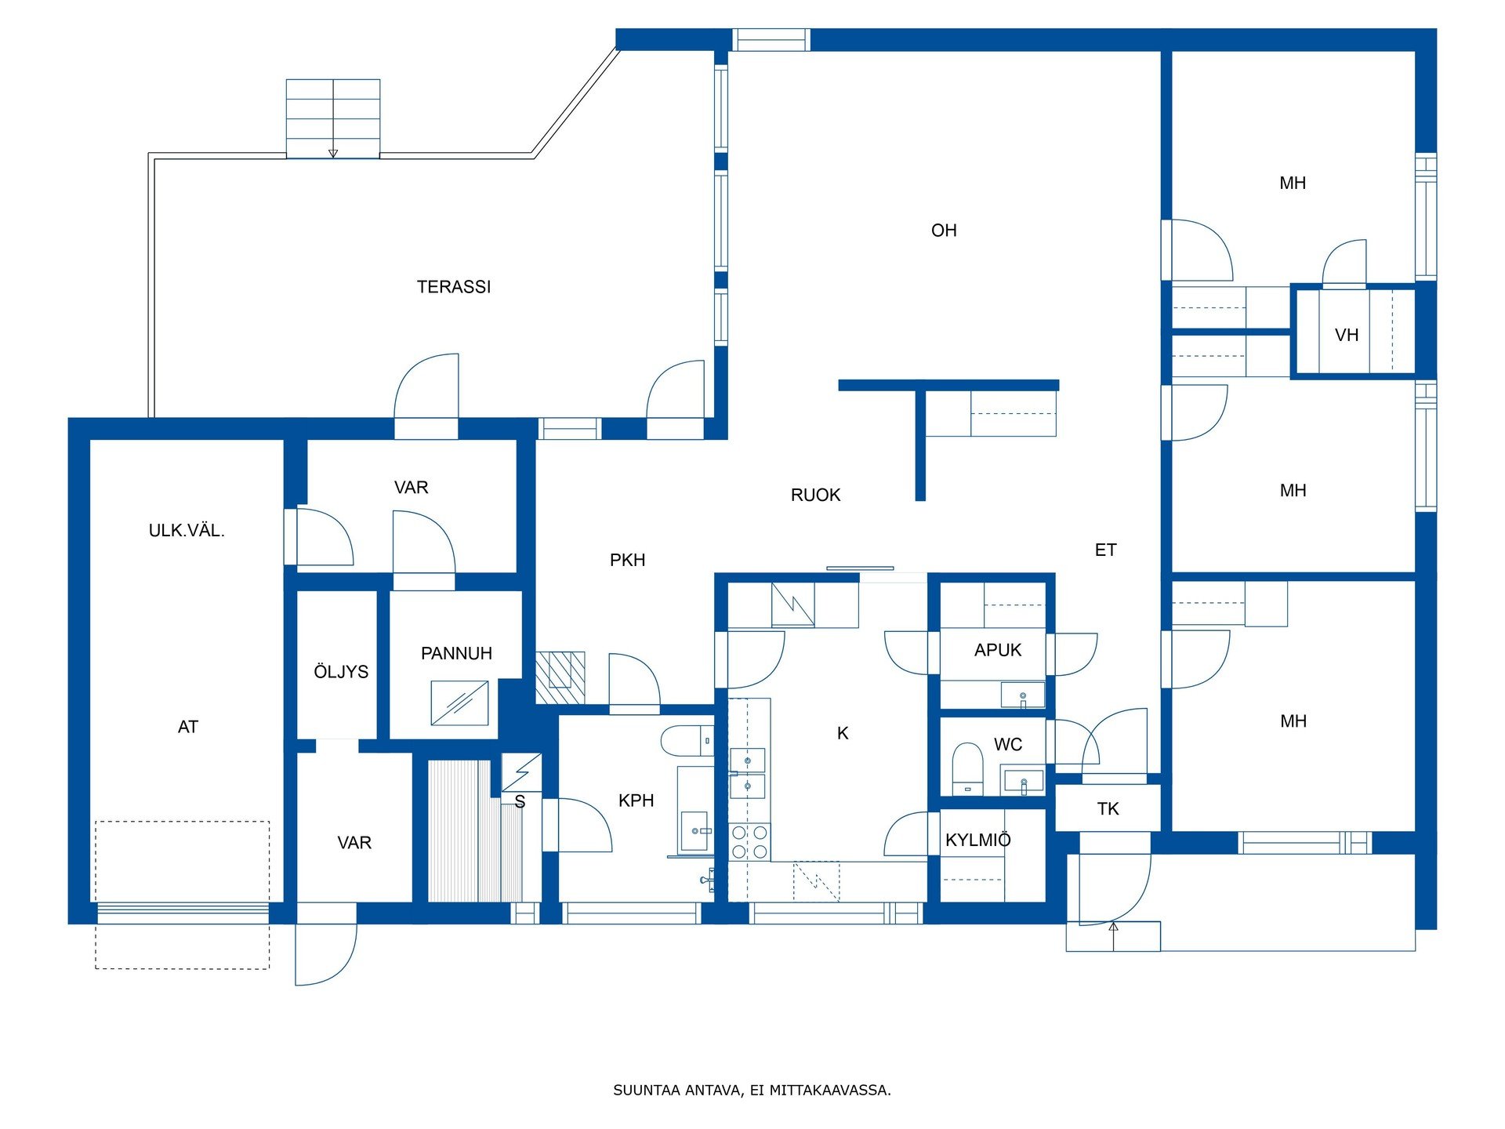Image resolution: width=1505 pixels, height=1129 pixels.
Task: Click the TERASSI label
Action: point(454,287)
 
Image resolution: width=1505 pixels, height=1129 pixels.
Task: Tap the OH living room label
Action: point(944,231)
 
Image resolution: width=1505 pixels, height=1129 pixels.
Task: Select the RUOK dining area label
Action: point(815,495)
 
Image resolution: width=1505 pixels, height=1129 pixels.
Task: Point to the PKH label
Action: point(628,560)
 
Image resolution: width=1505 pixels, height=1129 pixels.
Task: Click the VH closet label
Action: point(1347,335)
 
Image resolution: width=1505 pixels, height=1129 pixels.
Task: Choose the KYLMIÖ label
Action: point(978,840)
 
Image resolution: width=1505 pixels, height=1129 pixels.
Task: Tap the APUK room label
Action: point(998,650)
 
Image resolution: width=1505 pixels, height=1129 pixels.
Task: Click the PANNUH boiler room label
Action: point(456,653)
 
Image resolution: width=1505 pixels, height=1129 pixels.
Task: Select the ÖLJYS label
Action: point(341,671)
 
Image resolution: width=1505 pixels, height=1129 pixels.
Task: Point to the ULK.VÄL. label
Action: point(187,530)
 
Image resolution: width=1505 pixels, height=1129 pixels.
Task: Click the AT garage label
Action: point(188,727)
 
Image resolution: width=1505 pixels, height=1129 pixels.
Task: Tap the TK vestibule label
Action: point(1108,809)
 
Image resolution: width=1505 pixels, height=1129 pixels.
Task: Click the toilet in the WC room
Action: point(967,768)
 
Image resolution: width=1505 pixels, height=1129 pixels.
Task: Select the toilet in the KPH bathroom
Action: point(687,741)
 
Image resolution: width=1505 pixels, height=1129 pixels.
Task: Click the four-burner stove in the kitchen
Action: point(749,842)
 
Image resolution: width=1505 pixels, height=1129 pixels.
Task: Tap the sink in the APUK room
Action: point(1022,695)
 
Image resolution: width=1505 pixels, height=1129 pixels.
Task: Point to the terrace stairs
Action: point(333,118)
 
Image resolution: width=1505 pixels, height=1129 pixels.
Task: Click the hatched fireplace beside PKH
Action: point(560,677)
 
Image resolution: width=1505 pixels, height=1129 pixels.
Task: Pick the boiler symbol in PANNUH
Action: point(459,702)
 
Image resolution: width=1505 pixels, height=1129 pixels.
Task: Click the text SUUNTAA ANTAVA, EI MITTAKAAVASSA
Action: point(752,1090)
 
